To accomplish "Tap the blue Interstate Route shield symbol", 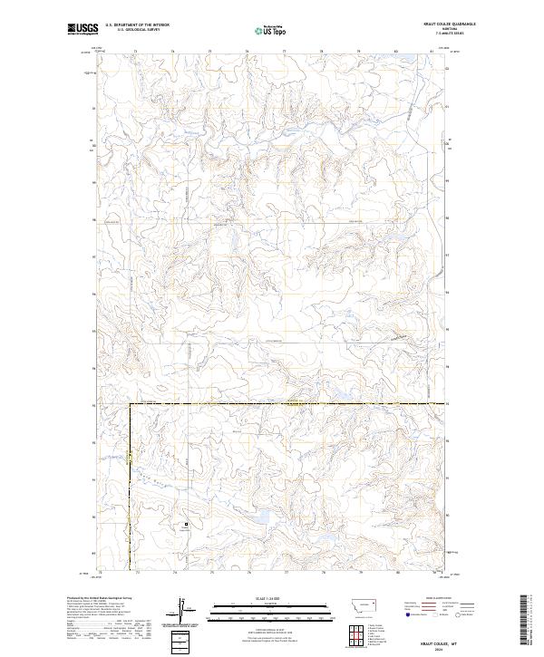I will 407,614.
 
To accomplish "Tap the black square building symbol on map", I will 188,524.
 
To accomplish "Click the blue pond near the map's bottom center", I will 258,517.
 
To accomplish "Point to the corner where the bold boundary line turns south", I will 130,403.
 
